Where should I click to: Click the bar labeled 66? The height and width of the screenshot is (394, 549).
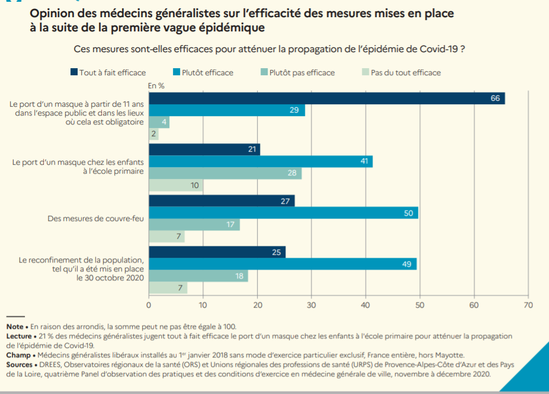[x=326, y=98]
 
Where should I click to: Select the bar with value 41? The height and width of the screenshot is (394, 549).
[x=261, y=161]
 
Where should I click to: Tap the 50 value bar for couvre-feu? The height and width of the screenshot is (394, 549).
[x=283, y=213]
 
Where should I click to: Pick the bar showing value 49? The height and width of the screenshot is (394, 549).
[x=282, y=264]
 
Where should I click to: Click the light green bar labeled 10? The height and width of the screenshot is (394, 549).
[x=175, y=185]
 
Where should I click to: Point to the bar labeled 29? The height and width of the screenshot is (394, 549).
[x=227, y=110]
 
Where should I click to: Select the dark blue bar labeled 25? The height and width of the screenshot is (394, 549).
[x=217, y=252]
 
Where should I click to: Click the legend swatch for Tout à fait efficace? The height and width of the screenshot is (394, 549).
[x=74, y=72]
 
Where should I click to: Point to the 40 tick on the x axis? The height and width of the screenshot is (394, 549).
[x=365, y=305]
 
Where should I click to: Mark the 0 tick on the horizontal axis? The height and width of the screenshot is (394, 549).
[x=149, y=305]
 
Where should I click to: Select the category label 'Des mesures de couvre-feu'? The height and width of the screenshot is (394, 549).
[x=95, y=219]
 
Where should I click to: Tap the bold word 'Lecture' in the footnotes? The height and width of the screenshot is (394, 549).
[x=19, y=336]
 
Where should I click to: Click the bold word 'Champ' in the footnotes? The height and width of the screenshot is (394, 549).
[x=18, y=355]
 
